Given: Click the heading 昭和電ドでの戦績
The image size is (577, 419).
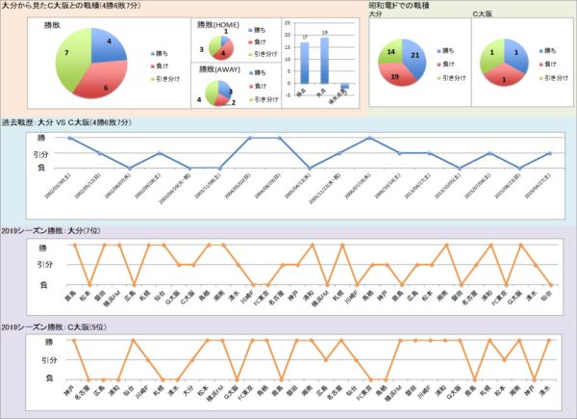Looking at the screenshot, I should pos(400,7).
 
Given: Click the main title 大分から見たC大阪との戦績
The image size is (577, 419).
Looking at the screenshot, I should pos(62,7).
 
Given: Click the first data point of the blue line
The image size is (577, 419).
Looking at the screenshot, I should pos(70,138).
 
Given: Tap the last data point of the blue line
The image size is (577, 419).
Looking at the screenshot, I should pos(549,153).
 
